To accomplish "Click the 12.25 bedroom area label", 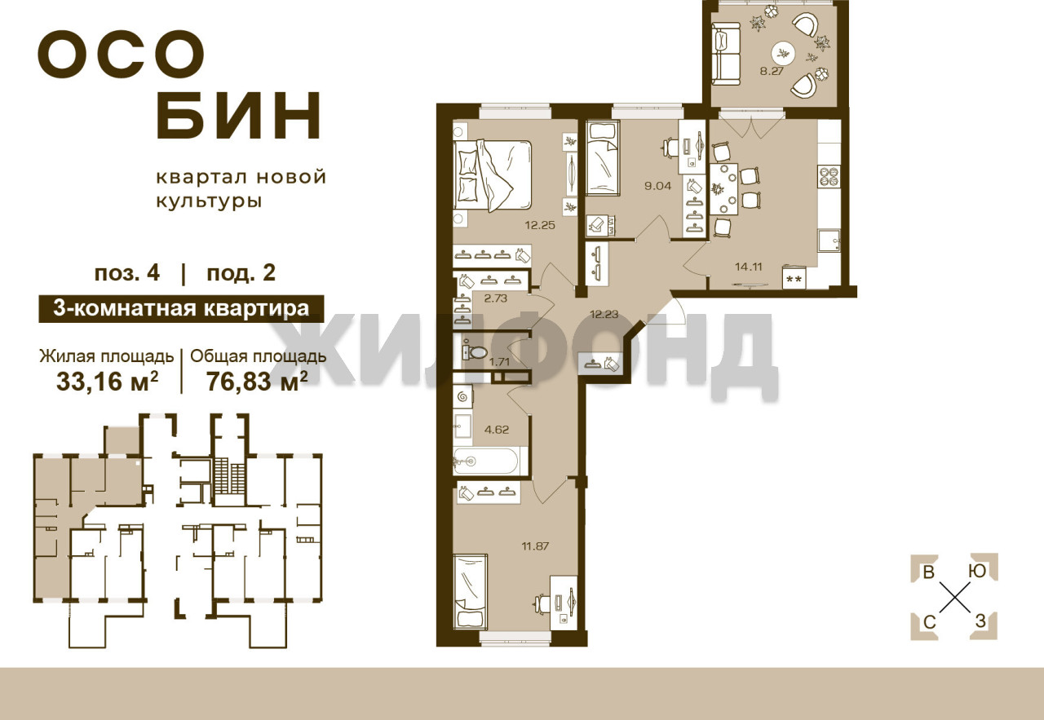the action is point(540,226).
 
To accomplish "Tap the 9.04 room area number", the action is point(657,186).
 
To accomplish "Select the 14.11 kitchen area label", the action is point(749,267).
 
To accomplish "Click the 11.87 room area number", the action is point(535,546).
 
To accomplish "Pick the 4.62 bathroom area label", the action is point(497,430).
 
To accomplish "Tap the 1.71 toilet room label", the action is point(499,361).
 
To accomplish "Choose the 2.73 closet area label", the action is point(495,298).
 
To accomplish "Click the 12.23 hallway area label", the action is point(604,314).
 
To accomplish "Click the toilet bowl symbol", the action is point(475,351).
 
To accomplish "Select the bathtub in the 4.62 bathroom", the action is point(489,462).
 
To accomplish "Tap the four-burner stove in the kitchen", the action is point(829,177).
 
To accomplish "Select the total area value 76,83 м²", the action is point(257,382).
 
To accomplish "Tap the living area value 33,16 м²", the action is point(107,382).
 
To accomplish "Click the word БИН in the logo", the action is point(238,117).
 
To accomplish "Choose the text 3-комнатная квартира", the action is point(181,308).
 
